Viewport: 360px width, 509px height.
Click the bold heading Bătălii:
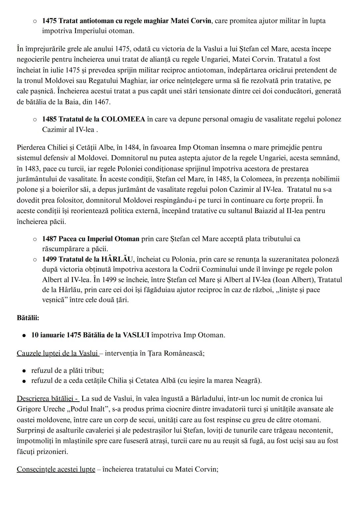(28, 318)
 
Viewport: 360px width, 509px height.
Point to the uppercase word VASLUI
(136, 335)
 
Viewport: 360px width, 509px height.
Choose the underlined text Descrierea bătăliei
(47, 398)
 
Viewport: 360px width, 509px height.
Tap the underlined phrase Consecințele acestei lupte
(56, 469)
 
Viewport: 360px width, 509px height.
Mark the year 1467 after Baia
(102, 102)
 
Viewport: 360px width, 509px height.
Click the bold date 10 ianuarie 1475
(56, 335)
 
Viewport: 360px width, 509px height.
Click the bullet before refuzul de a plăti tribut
(24, 371)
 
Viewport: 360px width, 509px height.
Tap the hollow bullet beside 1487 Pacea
(35, 239)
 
